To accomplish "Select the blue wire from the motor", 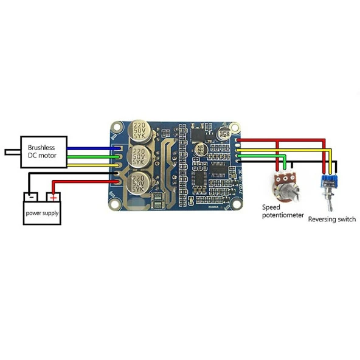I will click(91, 148).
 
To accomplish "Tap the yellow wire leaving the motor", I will click(91, 164).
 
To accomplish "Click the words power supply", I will click(42, 213).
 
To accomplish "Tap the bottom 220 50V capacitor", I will click(139, 181).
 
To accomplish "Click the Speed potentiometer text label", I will click(282, 211).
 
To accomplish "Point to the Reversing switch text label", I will click(332, 220).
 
